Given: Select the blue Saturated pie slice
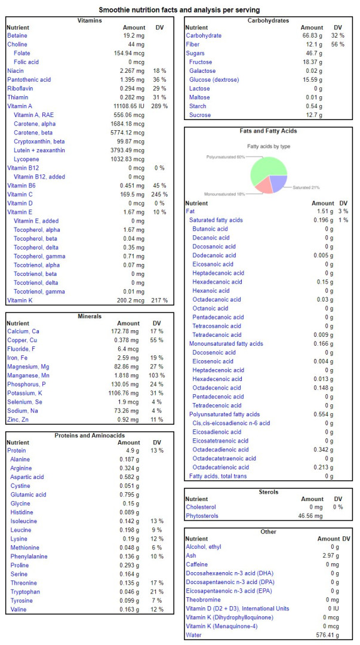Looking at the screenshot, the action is (278, 183).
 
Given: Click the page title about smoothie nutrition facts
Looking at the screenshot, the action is (179, 10).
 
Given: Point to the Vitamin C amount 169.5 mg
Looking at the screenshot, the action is (134, 194).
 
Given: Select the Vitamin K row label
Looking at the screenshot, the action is (18, 300).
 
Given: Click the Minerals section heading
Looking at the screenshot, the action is (90, 317).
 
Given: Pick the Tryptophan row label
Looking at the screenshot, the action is (23, 591).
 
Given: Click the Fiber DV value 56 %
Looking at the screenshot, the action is (338, 44).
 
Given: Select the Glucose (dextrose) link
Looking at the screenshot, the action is (214, 80).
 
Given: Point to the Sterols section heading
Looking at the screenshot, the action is (268, 492).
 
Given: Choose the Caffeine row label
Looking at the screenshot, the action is (196, 564).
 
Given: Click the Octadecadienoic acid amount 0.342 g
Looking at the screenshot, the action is (324, 450).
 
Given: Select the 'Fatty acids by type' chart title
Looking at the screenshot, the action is (268, 146).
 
